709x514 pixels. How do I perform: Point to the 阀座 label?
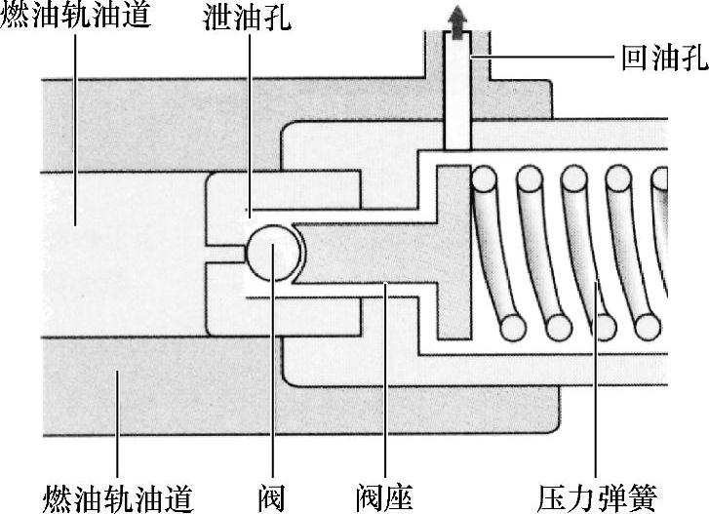click(386, 496)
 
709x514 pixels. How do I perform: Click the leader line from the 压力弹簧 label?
click(594, 390)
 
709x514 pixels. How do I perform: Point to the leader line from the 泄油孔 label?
click(249, 117)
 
